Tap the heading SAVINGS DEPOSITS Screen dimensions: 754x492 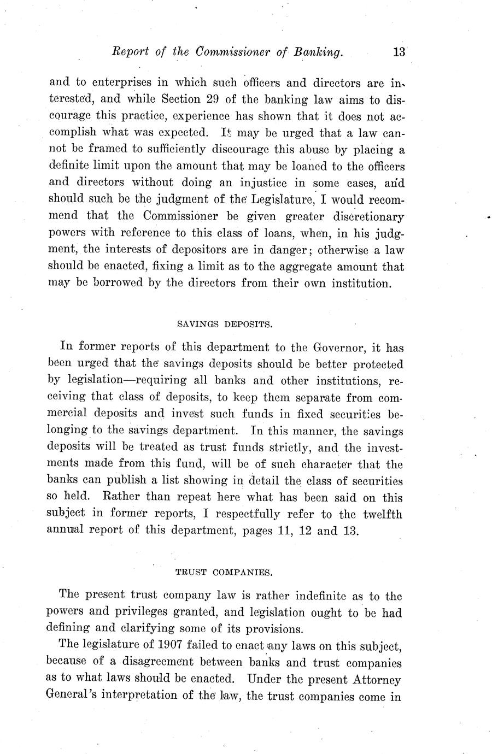pos(225,324)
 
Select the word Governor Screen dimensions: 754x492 pos(338,346)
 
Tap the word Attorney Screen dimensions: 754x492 pos(377,680)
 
